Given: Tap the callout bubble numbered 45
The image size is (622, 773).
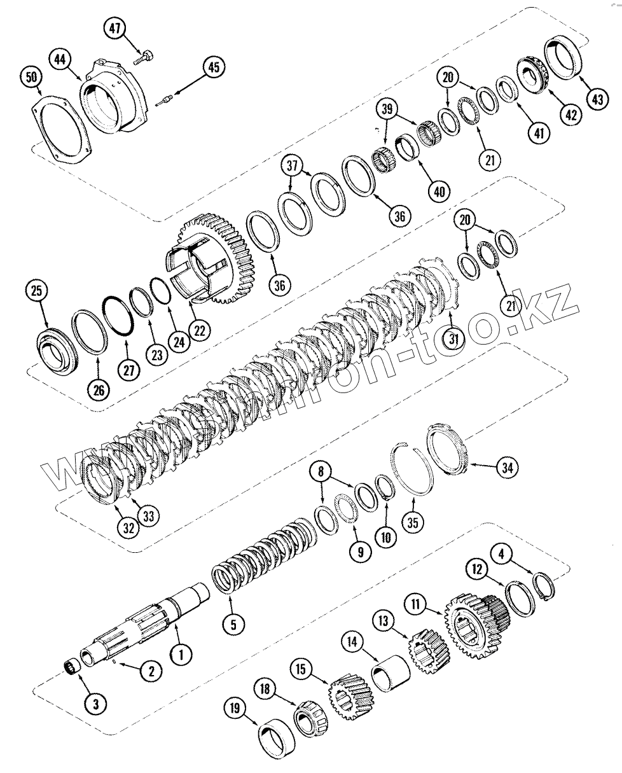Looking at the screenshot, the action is tap(214, 67).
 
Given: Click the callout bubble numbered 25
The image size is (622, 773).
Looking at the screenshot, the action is tap(36, 291).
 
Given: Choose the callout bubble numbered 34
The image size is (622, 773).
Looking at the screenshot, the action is tap(507, 468).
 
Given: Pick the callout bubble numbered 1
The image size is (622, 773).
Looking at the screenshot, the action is tap(181, 653).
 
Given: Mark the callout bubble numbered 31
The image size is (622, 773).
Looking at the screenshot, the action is tap(453, 339).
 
